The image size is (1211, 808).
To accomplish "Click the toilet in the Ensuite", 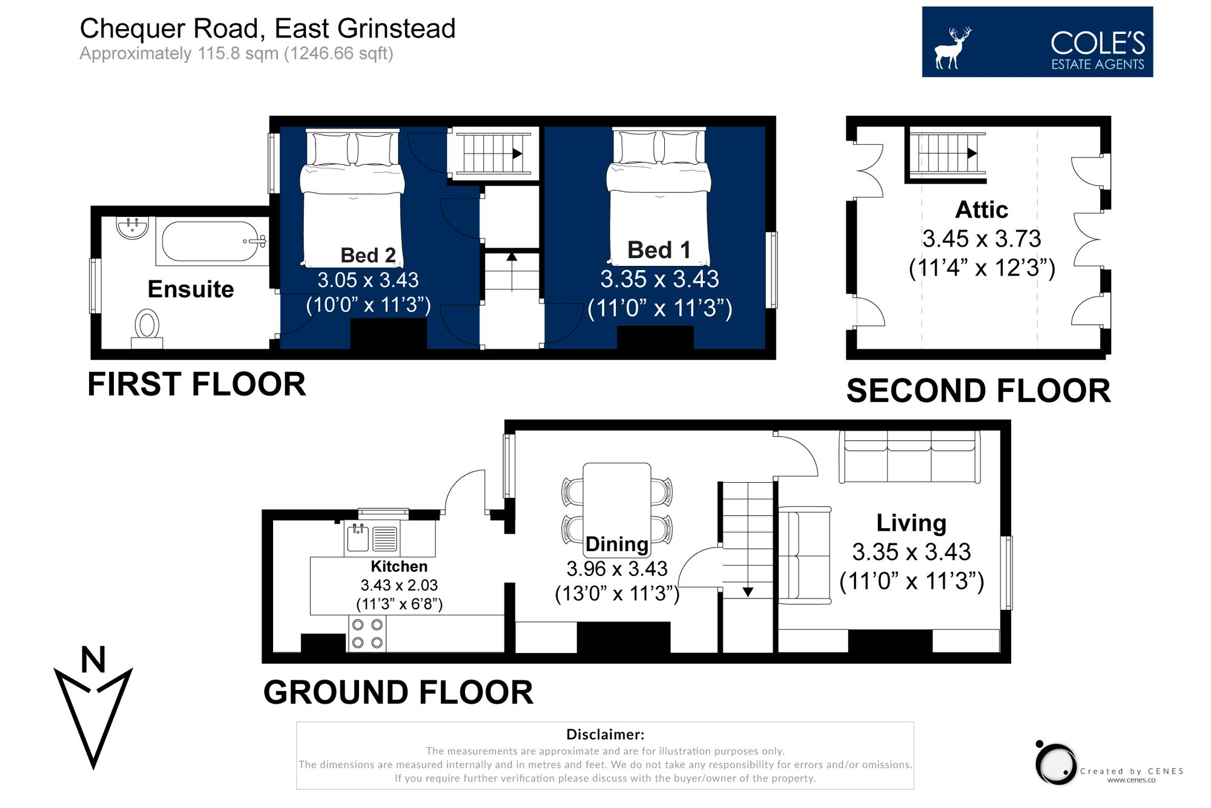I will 147,327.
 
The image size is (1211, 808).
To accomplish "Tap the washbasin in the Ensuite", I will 132,228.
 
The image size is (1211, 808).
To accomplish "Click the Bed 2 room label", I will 368,255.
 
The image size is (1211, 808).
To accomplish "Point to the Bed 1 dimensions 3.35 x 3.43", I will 659,279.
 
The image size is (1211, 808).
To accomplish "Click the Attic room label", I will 981,210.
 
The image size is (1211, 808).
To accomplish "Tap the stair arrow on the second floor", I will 971,153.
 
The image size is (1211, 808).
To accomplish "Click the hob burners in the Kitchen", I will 367,634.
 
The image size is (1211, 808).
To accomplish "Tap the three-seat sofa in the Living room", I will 909,457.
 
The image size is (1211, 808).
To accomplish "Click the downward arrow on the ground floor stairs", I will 748,592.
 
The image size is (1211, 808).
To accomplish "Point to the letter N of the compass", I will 93,660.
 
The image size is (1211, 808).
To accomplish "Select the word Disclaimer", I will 604,735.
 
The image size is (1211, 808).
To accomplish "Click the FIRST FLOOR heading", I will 196,384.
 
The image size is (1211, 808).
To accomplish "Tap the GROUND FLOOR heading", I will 398,692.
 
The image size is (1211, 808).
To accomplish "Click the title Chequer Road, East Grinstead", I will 267,28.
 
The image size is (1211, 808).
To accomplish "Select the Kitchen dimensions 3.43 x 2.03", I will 398,585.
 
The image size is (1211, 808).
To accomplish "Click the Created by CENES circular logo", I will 1056,764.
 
